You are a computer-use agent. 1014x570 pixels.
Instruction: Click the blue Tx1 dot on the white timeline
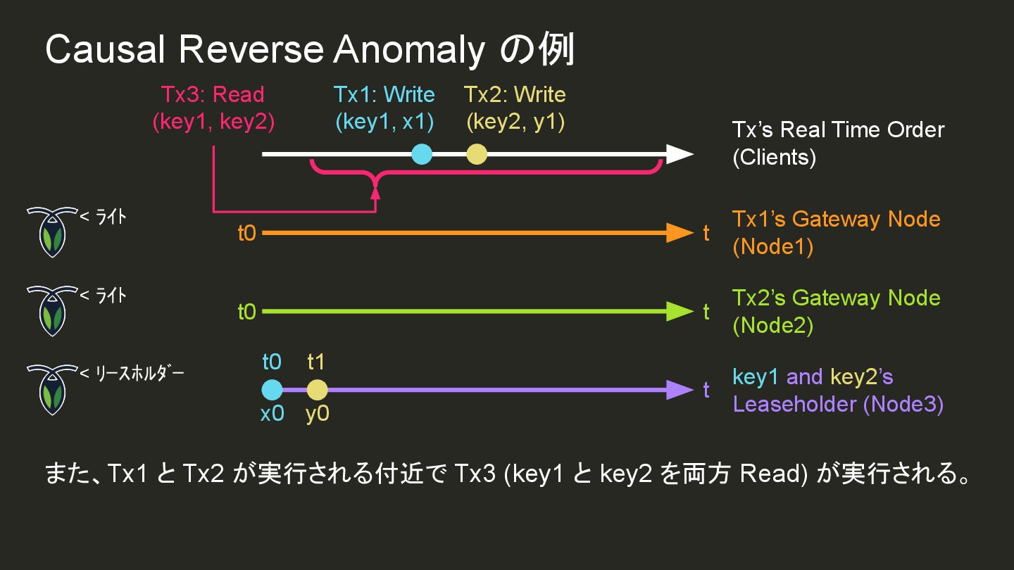pos(421,154)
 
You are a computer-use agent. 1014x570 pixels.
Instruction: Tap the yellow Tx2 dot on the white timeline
pos(477,154)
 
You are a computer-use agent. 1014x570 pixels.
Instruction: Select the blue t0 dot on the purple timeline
pos(272,390)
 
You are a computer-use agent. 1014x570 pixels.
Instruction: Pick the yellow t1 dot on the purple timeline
pos(317,390)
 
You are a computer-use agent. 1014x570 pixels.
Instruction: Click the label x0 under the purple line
pos(272,414)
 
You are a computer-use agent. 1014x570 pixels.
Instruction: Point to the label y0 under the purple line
pos(318,414)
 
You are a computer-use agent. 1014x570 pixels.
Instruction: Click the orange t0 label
pos(246,233)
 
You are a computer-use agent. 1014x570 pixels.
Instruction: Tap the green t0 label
pos(246,312)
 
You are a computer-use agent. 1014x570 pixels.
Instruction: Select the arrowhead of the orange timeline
pos(680,233)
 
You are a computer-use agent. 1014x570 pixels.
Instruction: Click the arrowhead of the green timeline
pos(680,312)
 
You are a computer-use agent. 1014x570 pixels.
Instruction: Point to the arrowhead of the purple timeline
pos(680,390)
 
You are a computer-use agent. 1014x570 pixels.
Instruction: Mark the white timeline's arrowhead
pos(680,154)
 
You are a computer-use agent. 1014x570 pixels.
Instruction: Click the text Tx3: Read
pos(213,94)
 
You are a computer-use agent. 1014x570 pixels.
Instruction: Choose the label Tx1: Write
pos(384,94)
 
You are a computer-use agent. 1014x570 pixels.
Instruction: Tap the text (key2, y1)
pos(515,122)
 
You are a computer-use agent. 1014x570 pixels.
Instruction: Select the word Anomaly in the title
pos(409,51)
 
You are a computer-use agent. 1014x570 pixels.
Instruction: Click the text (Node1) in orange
pos(772,247)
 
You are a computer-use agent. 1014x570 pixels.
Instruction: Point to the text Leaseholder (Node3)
pos(838,404)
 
